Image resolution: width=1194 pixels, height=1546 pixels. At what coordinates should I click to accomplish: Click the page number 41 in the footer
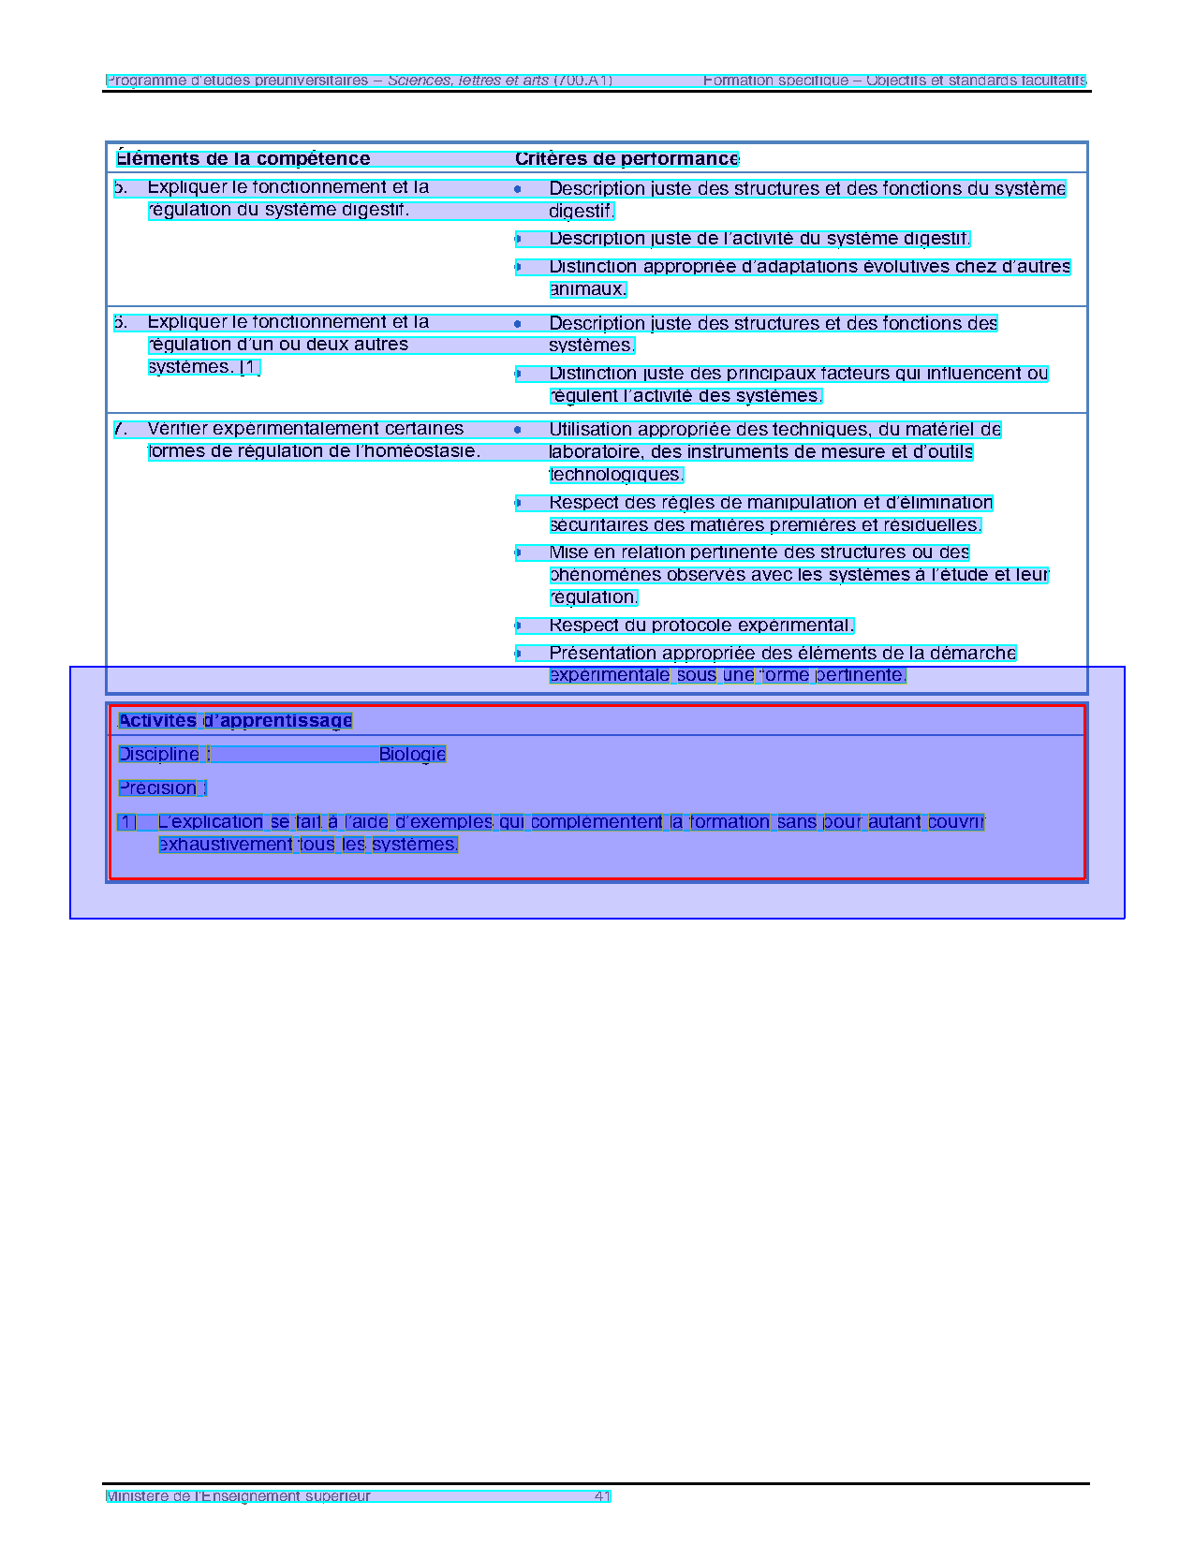[602, 1496]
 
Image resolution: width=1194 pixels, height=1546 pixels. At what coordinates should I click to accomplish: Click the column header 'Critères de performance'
[626, 159]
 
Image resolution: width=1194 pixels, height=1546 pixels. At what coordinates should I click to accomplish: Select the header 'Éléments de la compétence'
[243, 159]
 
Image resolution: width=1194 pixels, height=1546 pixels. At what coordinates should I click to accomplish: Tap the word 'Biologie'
[412, 755]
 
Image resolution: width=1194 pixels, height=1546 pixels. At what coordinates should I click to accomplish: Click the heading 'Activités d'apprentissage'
[235, 721]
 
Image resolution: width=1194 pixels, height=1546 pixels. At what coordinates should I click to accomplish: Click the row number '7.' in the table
[121, 429]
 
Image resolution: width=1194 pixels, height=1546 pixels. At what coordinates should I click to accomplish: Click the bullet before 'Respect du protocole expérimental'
[518, 626]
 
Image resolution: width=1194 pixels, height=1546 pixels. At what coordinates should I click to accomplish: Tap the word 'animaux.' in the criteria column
[587, 289]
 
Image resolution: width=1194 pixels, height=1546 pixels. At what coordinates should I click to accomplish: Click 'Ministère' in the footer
[137, 1496]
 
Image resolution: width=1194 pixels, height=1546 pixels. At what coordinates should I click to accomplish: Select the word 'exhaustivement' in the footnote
[226, 845]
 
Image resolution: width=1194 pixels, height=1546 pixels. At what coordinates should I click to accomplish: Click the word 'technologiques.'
[616, 475]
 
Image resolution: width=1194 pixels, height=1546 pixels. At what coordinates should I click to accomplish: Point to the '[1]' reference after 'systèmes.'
[249, 367]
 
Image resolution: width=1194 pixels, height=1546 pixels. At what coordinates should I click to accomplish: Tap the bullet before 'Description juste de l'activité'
[518, 239]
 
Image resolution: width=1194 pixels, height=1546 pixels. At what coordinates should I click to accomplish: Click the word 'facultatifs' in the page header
[1050, 81]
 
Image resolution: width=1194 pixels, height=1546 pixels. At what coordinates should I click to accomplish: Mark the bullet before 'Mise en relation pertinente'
[518, 552]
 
